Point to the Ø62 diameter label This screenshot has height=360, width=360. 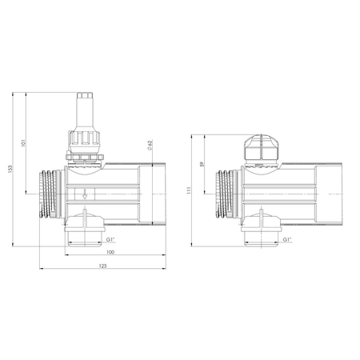pos(151,146)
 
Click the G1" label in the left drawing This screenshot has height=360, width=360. pos(111,239)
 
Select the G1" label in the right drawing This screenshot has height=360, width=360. pos(286,239)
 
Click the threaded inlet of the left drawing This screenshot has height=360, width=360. pos(50,194)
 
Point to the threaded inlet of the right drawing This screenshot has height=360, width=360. pos(226,194)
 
